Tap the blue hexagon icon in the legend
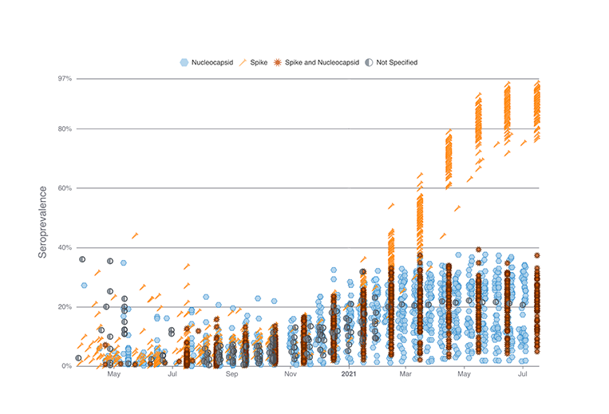tap(184, 61)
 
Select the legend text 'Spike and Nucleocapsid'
tap(323, 61)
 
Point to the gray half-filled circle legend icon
tap(373, 61)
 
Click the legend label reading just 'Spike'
tap(258, 61)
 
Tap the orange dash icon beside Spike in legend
tap(243, 61)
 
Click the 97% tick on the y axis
tap(64, 79)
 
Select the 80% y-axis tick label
tap(64, 129)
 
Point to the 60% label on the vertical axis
tap(64, 188)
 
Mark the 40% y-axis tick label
tap(64, 247)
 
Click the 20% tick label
tap(64, 306)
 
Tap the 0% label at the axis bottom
tap(66, 366)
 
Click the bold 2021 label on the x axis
tap(349, 373)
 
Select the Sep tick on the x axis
tap(231, 373)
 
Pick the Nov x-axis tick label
tap(291, 373)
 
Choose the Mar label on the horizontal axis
tap(405, 373)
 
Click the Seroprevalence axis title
tap(45, 223)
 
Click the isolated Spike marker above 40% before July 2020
tap(135, 235)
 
